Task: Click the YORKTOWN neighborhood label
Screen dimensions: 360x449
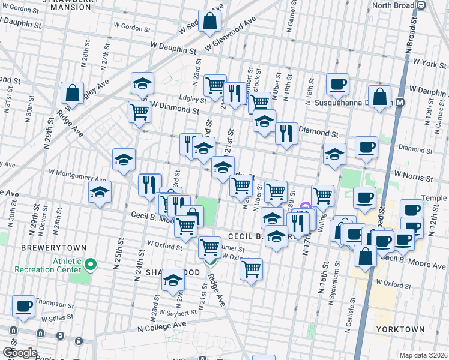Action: [400, 329]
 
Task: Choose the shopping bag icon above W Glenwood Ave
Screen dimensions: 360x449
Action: [210, 22]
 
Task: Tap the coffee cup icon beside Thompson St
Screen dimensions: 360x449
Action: [24, 307]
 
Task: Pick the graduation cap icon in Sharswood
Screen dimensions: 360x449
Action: [173, 280]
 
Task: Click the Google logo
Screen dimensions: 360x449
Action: [20, 353]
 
